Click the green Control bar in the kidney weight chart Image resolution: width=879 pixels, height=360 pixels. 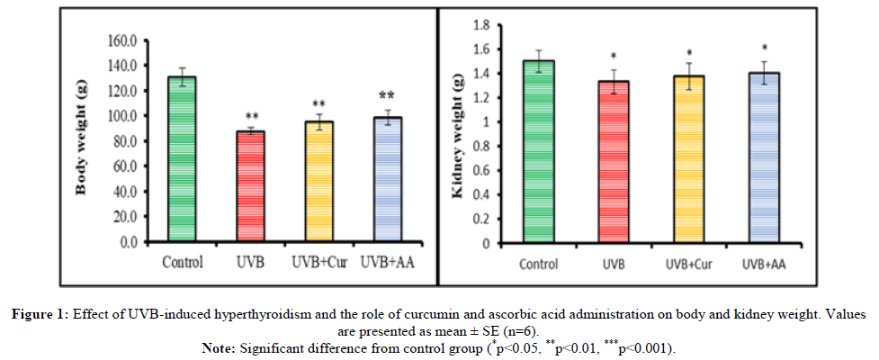tap(539, 152)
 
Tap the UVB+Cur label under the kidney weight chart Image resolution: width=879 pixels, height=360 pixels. tap(688, 264)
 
